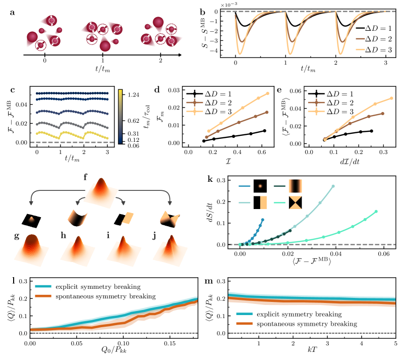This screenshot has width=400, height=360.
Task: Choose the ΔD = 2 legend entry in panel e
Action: pyautogui.click(x=330, y=102)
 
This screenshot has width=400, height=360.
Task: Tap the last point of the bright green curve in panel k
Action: pyautogui.click(x=376, y=212)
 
